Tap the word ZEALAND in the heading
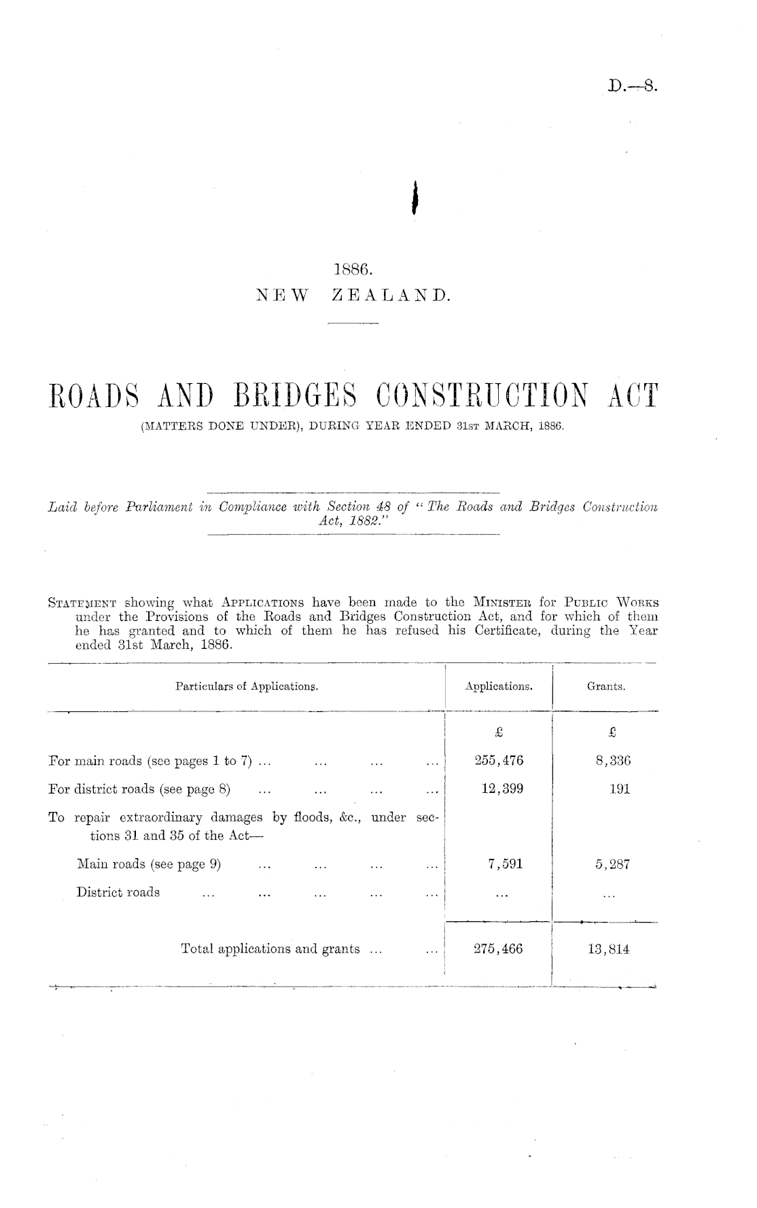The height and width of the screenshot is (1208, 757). pos(390,296)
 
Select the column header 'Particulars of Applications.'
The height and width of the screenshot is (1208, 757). pos(247,687)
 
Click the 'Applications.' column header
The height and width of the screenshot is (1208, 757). pos(499,687)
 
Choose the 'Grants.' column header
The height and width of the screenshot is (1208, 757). pos(606,687)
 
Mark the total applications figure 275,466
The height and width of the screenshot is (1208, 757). pos(498,949)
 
